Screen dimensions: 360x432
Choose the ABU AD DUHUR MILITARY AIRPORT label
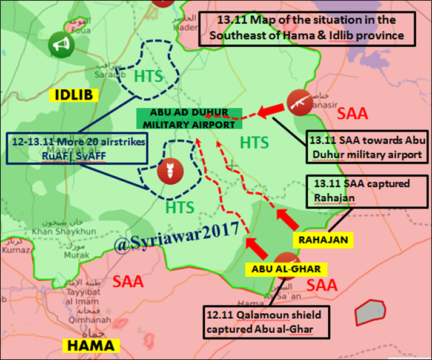tap(188, 119)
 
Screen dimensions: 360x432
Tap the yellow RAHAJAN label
tap(324, 240)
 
